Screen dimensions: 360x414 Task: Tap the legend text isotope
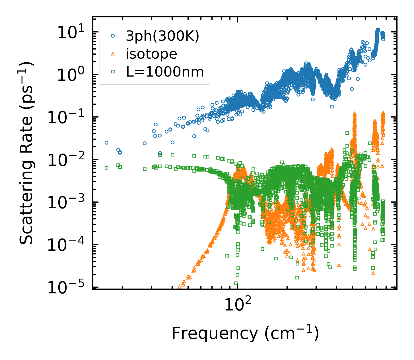[x=151, y=54]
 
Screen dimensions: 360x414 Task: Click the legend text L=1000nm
[x=165, y=72]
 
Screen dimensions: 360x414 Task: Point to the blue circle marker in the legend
[x=113, y=36]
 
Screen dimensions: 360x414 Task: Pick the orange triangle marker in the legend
[x=113, y=54]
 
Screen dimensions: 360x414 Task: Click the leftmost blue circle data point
[x=106, y=143]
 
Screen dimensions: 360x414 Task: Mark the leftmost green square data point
[x=106, y=168]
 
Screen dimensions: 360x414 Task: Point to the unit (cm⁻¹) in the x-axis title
[x=291, y=333]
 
